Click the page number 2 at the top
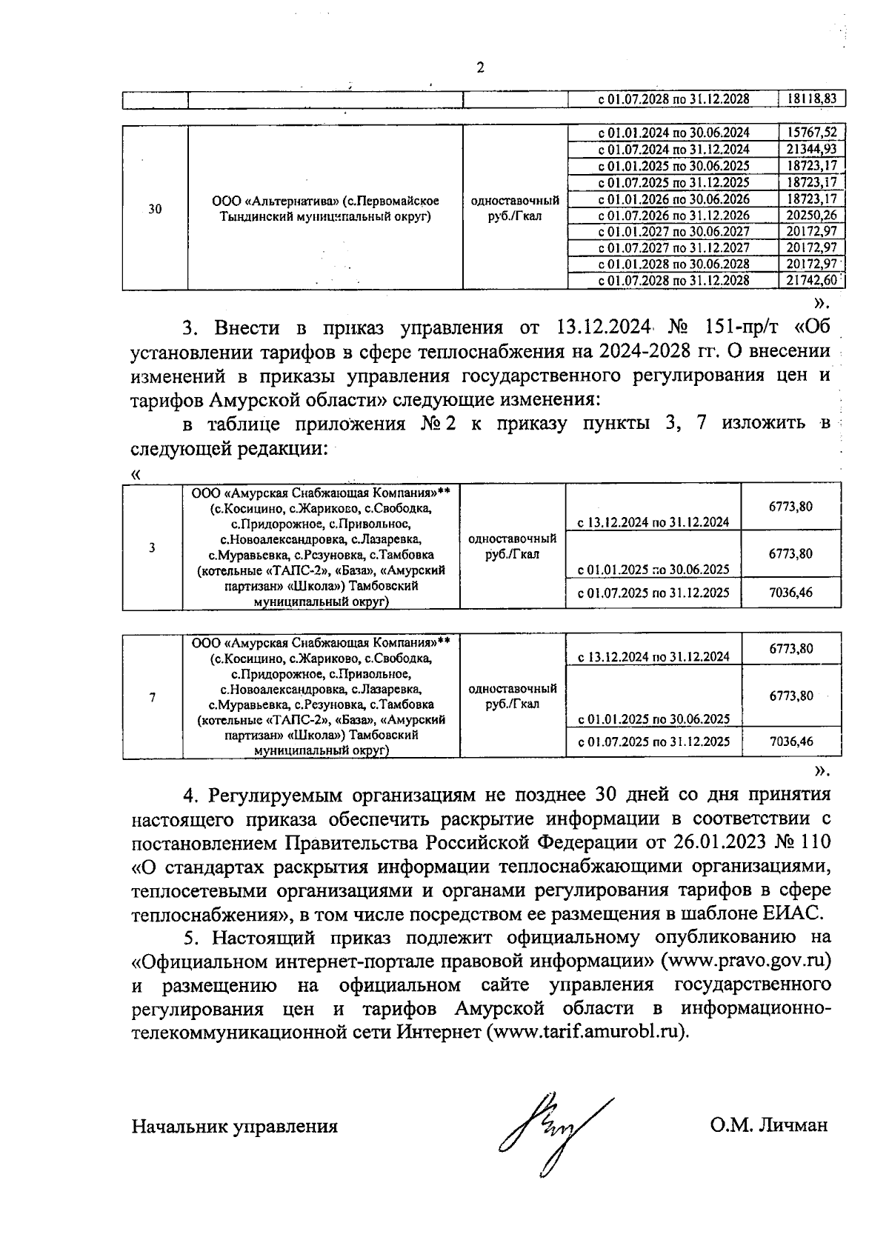coord(480,68)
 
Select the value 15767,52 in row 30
coord(812,133)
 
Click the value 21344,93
coord(812,150)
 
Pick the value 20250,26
coord(812,216)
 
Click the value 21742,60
coord(812,281)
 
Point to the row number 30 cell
coord(155,210)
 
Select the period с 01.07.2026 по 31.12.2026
coord(673,216)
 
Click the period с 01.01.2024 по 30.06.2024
coord(673,133)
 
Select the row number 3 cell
coord(152,548)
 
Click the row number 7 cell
coord(152,697)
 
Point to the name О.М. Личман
coord(768,1127)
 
